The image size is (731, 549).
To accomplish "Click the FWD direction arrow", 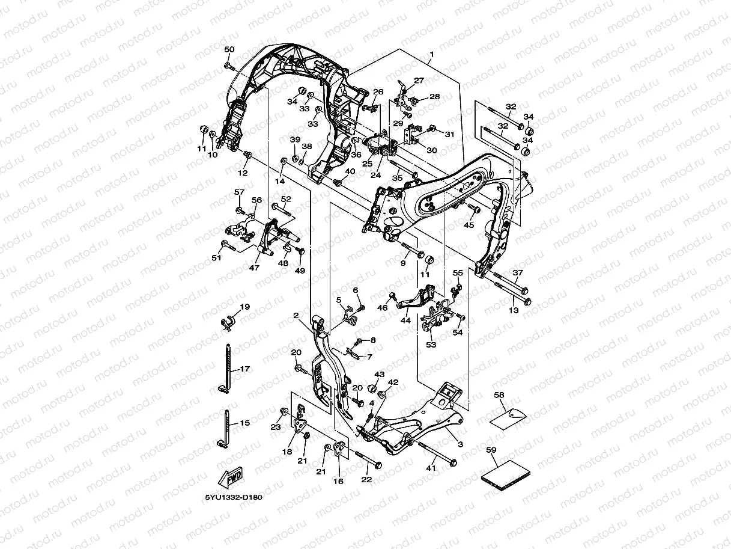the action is click(230, 478).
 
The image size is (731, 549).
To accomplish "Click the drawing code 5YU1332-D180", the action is click(234, 497).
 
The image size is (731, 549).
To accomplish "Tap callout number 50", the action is click(229, 49).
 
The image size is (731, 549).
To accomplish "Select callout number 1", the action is click(432, 54).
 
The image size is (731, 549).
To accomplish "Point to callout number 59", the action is click(491, 450).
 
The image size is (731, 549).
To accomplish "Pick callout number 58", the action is click(499, 395).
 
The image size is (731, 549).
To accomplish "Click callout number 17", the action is click(245, 369).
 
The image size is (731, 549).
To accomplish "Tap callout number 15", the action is click(245, 423).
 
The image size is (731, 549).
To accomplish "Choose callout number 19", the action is click(245, 307).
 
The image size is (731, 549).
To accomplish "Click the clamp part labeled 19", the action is click(228, 323).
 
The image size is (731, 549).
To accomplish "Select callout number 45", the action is click(469, 225).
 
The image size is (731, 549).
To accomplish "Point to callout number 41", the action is click(431, 468).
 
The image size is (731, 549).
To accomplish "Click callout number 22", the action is click(366, 479).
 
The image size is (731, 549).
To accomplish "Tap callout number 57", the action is click(239, 192).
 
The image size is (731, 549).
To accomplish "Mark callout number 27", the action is click(419, 81).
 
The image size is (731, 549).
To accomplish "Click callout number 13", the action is click(514, 310).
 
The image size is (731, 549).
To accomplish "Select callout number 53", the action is click(431, 345).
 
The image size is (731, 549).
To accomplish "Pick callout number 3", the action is click(461, 444).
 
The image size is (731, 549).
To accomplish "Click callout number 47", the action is click(254, 268).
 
